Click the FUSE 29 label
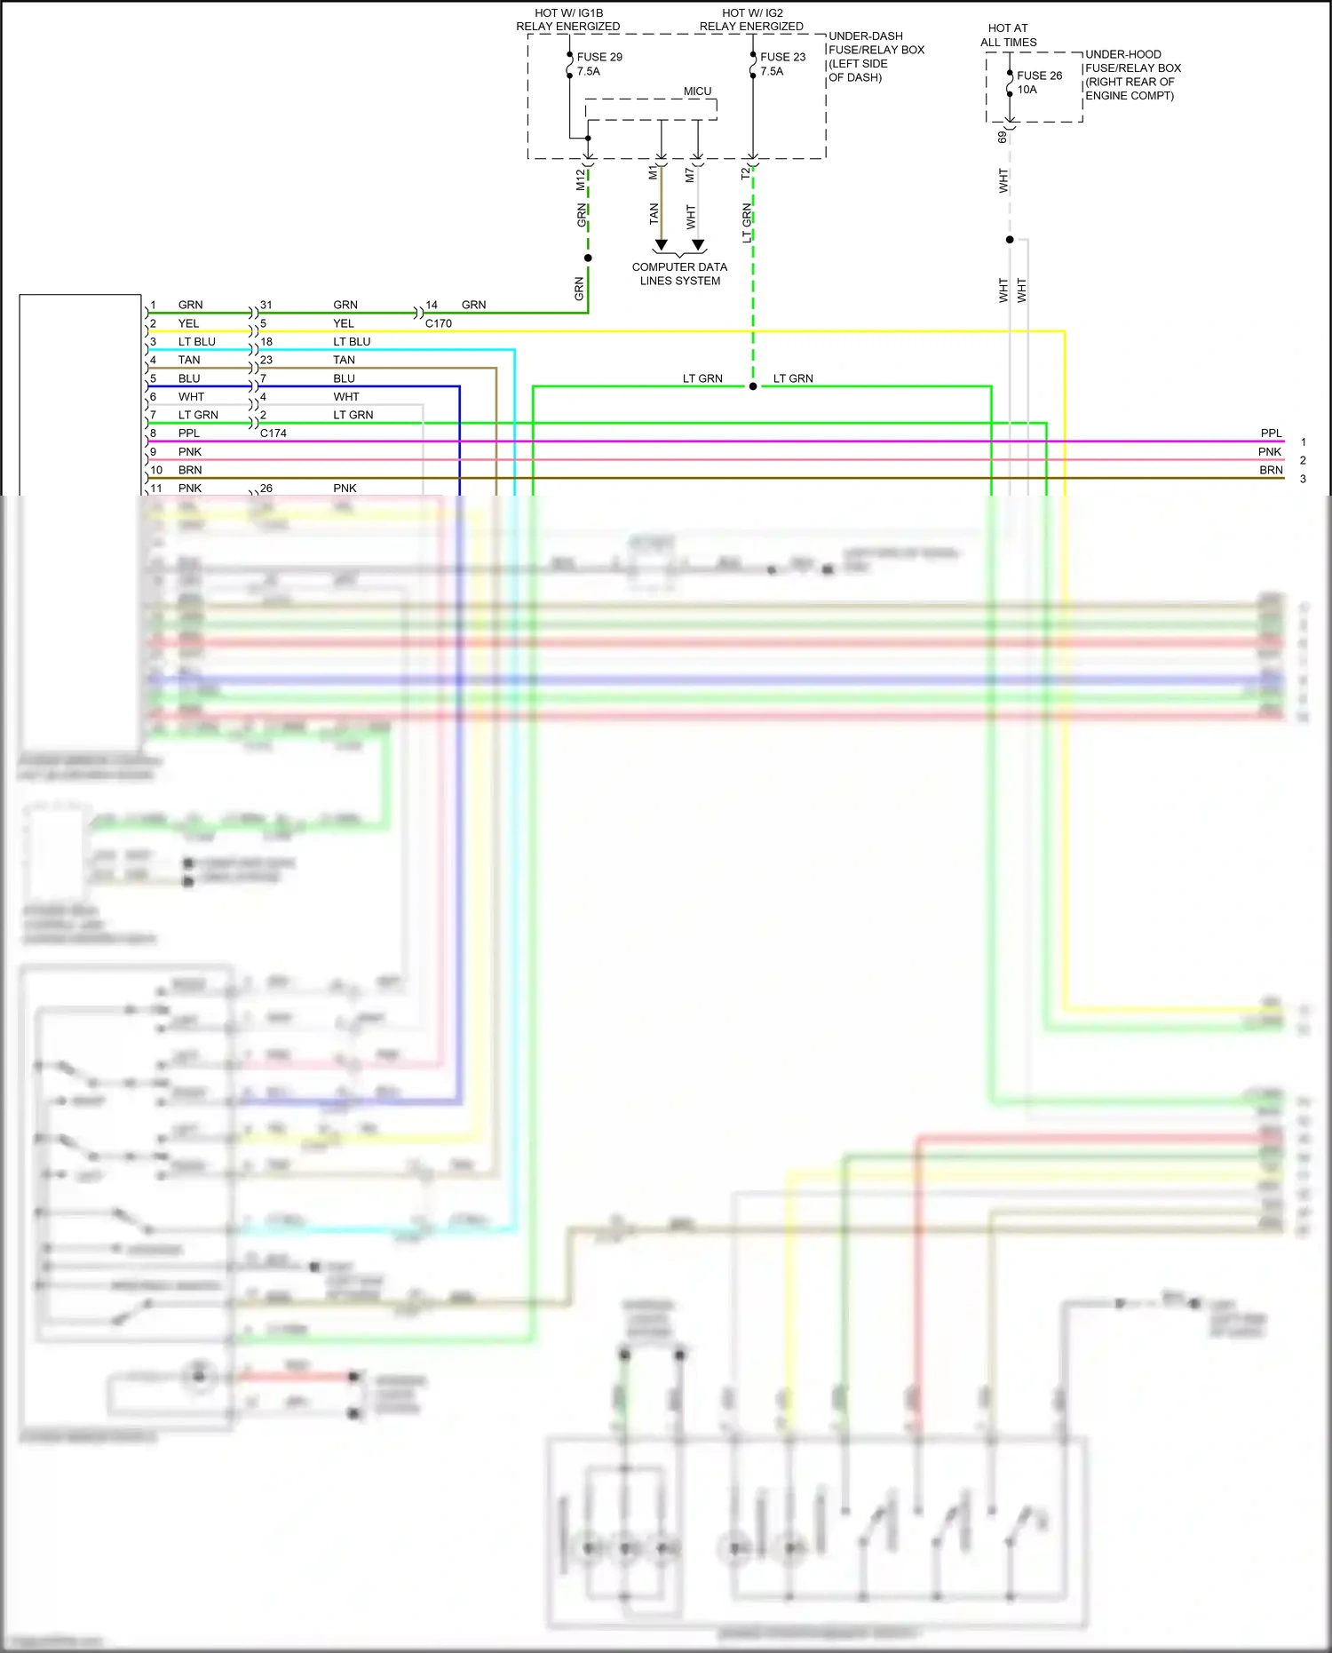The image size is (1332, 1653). tap(599, 57)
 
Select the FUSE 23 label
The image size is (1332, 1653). tap(782, 57)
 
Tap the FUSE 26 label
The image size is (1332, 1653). tap(1039, 75)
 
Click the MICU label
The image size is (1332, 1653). tap(697, 91)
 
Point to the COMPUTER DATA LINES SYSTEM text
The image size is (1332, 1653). tap(679, 274)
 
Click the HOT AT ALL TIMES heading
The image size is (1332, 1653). tap(1008, 36)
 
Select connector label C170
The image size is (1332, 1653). tap(438, 323)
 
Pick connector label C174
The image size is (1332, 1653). tap(273, 433)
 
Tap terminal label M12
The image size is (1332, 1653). tap(581, 179)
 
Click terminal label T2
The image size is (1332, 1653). tap(746, 174)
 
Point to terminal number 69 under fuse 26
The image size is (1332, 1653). tap(1003, 137)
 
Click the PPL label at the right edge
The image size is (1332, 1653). tap(1271, 433)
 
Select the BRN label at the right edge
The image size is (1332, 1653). tap(1271, 470)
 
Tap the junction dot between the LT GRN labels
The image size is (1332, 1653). tap(753, 386)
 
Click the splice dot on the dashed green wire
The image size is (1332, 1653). tap(588, 258)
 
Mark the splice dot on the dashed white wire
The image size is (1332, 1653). tap(1010, 240)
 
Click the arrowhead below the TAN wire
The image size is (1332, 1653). tap(661, 244)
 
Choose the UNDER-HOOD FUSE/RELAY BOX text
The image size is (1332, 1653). tap(1132, 75)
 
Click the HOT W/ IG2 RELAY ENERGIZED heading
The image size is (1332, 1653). tap(751, 20)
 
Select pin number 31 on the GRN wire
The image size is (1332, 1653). tap(266, 305)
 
